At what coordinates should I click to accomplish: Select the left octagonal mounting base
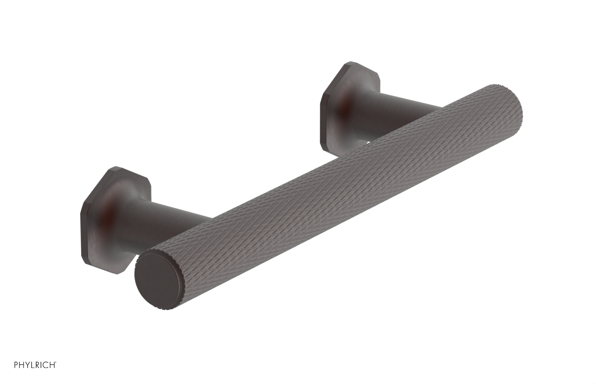pos(112,208)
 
